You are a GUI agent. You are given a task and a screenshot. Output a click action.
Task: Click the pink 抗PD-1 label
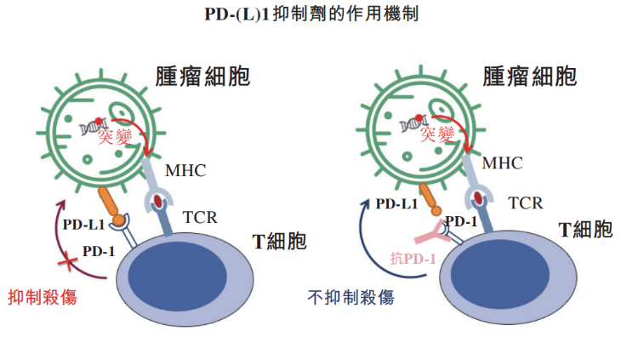pos(413,259)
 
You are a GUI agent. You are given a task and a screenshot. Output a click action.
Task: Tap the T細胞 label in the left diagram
pos(279,242)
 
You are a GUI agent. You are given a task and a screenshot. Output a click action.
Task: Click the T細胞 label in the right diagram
pos(585,229)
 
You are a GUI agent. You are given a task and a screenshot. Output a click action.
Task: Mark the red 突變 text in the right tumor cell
pos(445,134)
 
